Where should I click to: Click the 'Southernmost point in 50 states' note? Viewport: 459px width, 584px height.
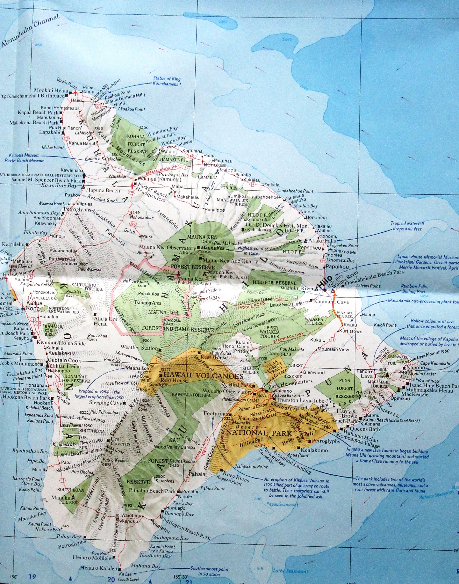(x=209, y=567)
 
